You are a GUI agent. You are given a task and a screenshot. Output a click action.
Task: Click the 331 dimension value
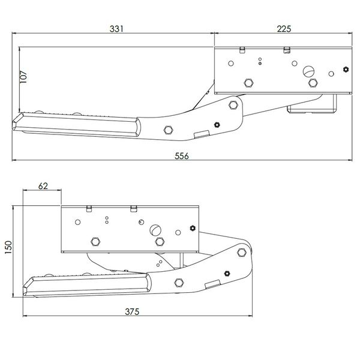(116, 29)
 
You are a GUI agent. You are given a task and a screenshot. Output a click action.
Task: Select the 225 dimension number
(284, 29)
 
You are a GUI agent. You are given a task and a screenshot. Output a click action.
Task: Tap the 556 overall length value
(182, 156)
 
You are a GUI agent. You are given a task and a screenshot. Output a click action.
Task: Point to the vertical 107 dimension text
(23, 77)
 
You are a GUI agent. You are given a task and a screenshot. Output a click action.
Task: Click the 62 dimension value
(43, 186)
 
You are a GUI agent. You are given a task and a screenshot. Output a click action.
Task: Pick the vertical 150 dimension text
(8, 247)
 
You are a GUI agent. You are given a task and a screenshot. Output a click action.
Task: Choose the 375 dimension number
(132, 311)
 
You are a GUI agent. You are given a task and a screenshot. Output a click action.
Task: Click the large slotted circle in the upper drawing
(308, 71)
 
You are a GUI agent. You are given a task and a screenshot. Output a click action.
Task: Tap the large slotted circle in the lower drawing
(155, 230)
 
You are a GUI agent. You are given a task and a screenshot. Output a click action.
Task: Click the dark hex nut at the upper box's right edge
(346, 70)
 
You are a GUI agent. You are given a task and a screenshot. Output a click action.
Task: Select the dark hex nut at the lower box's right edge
(193, 228)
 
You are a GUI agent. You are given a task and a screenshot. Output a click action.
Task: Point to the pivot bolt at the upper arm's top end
(233, 105)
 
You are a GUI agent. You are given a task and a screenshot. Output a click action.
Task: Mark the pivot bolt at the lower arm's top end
(242, 253)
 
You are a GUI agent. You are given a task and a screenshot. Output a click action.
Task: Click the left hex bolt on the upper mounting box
(248, 83)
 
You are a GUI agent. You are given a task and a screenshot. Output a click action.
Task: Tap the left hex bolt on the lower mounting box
(95, 242)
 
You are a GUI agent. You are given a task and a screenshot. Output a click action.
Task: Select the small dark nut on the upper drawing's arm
(217, 125)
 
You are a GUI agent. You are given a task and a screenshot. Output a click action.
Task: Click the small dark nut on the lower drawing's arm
(227, 274)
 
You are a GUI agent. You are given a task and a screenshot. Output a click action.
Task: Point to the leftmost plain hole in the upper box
(231, 64)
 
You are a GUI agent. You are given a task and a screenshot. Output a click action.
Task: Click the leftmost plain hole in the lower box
(77, 222)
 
